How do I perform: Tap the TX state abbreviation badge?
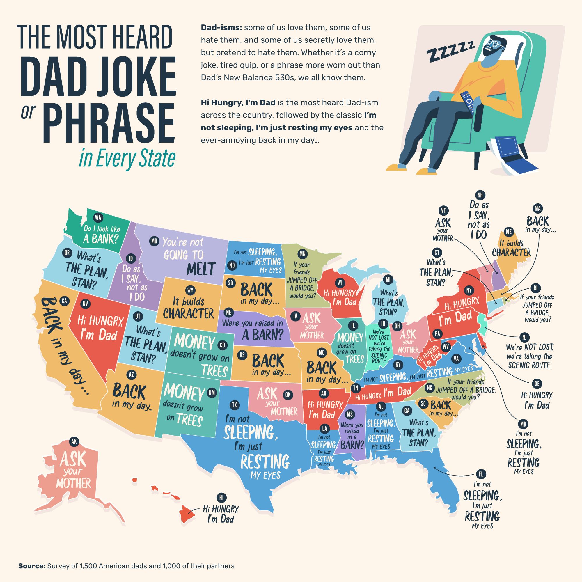point(234,405)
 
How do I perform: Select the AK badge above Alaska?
point(74,442)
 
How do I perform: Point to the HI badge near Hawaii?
point(221,497)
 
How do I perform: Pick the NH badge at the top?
point(480,195)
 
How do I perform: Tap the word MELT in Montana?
point(201,269)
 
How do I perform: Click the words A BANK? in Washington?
point(101,239)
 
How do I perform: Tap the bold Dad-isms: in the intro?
point(221,28)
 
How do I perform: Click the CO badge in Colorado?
point(222,345)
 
